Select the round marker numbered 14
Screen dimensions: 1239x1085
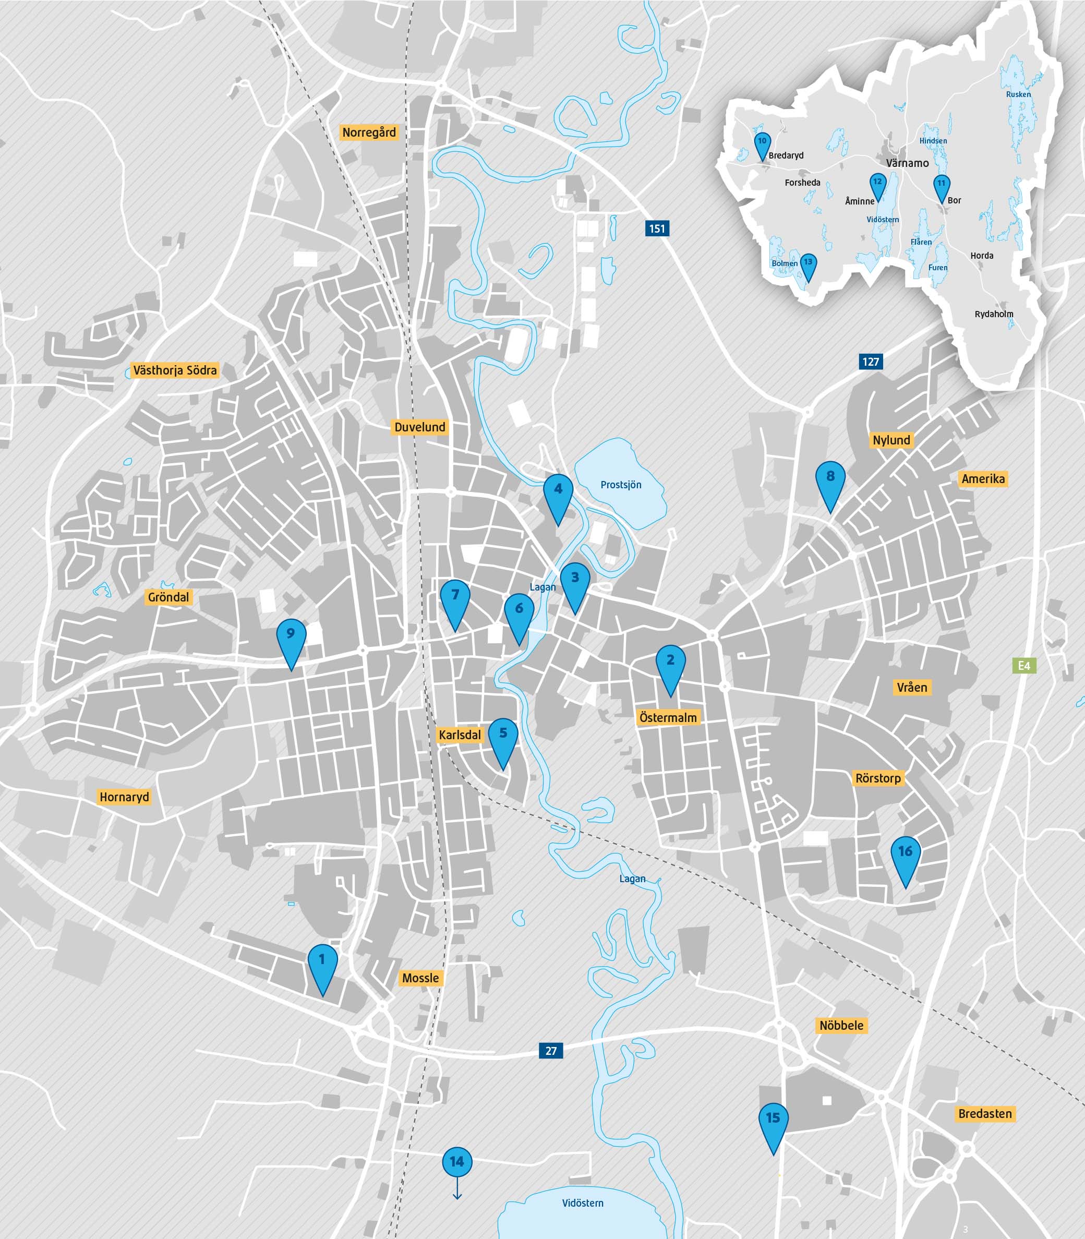[x=457, y=1161]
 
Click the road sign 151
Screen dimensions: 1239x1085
[x=657, y=229]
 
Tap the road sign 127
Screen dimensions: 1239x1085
[x=871, y=362]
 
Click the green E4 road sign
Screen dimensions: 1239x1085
[x=1024, y=666]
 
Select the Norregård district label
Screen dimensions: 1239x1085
[x=369, y=133]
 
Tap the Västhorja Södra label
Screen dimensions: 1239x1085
[x=174, y=370]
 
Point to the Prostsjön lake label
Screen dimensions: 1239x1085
[x=621, y=485]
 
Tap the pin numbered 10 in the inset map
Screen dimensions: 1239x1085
[x=762, y=143]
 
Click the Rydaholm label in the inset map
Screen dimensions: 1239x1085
[x=994, y=314]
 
